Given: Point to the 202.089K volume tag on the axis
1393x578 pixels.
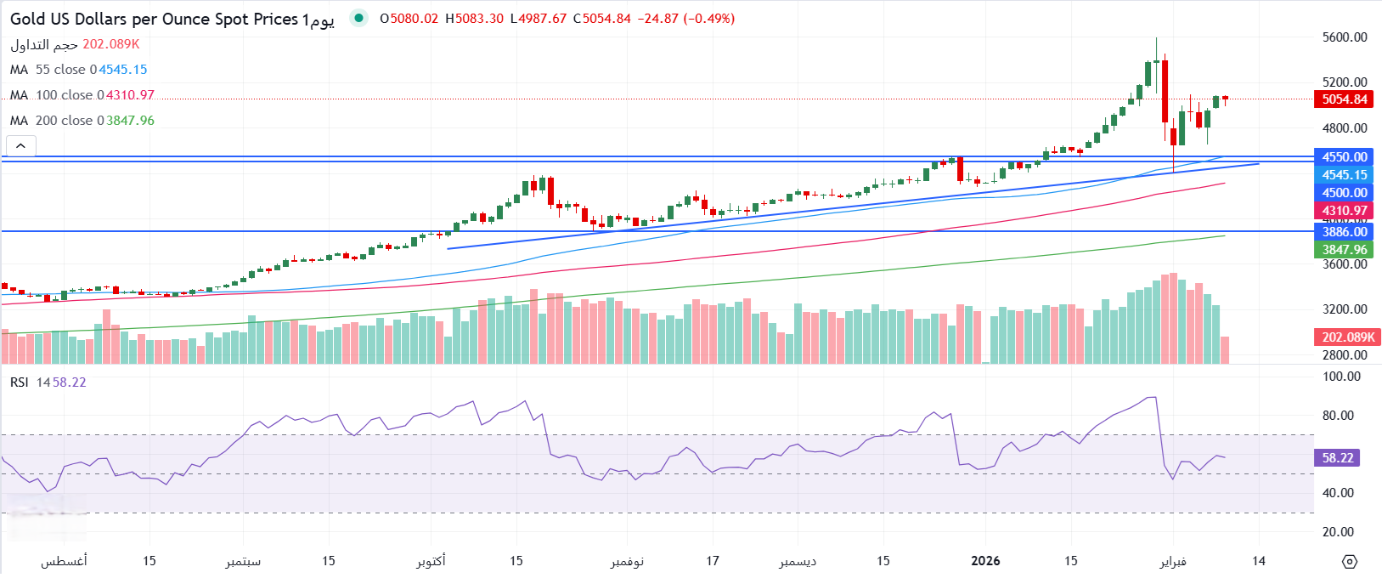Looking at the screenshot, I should point(1348,337).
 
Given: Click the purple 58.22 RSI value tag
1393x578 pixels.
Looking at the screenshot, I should point(1337,458).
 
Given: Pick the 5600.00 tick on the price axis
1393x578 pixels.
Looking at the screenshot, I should point(1345,37).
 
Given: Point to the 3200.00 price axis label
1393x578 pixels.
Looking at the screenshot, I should point(1345,309).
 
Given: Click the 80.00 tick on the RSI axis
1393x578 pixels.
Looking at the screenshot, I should point(1339,416).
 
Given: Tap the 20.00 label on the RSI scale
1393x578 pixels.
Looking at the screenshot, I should point(1339,532).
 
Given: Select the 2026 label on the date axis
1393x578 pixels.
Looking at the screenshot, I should point(985,561).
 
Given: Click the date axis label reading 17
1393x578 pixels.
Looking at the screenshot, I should point(713,561).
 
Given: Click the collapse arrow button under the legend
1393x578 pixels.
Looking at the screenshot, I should point(21,146).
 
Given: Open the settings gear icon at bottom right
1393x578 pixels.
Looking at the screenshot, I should point(1350,561).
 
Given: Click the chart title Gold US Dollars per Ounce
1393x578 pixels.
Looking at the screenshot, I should point(153,19).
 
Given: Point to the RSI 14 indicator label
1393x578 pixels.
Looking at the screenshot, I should point(30,382).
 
